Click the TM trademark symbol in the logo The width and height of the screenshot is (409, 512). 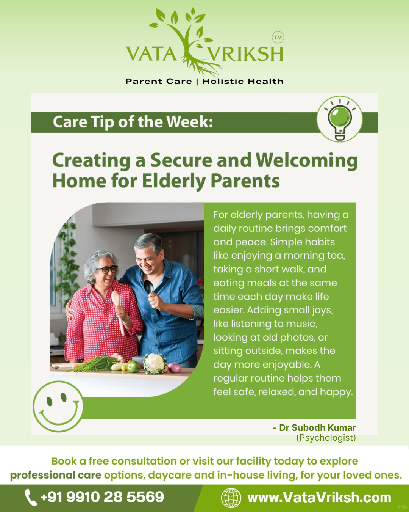(x=278, y=38)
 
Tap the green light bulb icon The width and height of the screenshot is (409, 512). (x=340, y=120)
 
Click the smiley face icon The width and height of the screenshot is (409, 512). (x=58, y=406)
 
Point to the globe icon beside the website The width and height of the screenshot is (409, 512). (x=231, y=498)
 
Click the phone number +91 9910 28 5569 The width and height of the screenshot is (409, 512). (x=102, y=497)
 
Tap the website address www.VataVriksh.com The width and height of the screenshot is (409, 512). (x=319, y=497)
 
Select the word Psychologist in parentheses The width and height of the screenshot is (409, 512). (x=326, y=437)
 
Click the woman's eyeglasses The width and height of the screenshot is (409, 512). (x=107, y=270)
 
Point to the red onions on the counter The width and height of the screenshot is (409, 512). (x=175, y=368)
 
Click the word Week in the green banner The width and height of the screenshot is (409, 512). (x=189, y=122)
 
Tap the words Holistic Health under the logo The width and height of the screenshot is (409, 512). (x=243, y=82)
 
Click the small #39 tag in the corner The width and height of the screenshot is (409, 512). (x=402, y=507)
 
